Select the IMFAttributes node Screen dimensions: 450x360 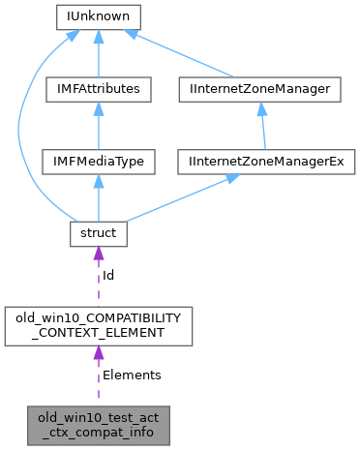[98, 89]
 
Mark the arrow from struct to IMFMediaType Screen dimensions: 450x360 [98, 198]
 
